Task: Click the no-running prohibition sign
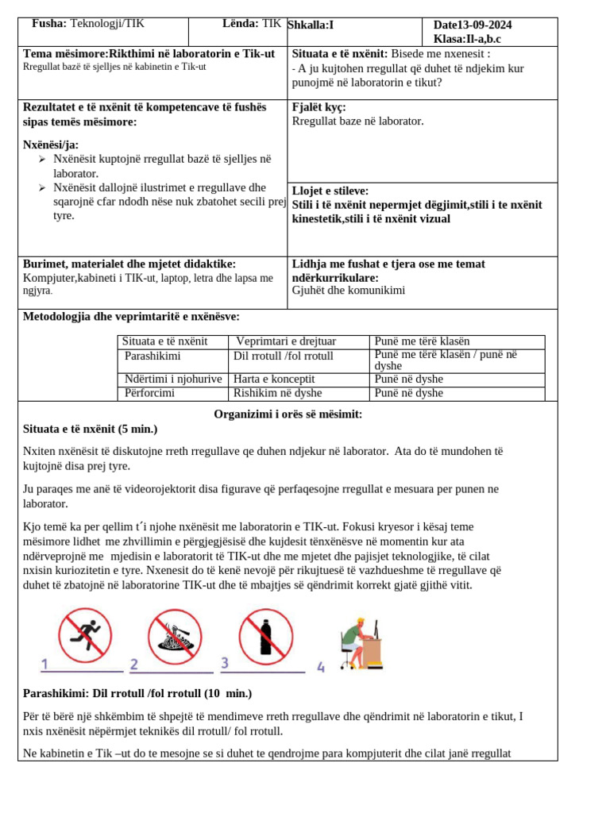[85, 635]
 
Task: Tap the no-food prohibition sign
[175, 636]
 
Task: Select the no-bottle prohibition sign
[266, 635]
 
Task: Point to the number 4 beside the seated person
[321, 668]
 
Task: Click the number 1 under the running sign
[45, 665]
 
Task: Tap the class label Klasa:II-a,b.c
[467, 39]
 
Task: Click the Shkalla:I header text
[311, 25]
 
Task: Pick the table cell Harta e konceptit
[274, 379]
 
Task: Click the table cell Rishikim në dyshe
[277, 393]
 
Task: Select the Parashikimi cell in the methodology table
[152, 356]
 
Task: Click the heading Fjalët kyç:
[319, 107]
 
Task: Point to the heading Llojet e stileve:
[330, 191]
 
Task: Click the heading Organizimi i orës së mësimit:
[288, 414]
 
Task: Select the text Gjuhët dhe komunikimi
[348, 291]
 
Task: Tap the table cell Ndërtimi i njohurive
[172, 379]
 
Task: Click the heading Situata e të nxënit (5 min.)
[91, 429]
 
